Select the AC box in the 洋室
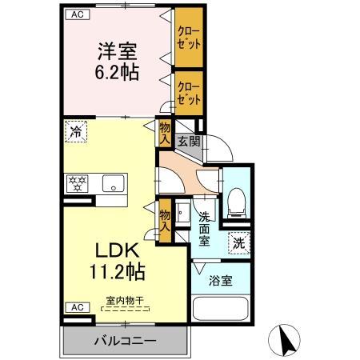pyautogui.click(x=76, y=14)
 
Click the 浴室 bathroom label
pyautogui.click(x=221, y=282)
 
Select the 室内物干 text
pyautogui.click(x=124, y=301)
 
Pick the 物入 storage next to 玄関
pyautogui.click(x=165, y=133)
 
